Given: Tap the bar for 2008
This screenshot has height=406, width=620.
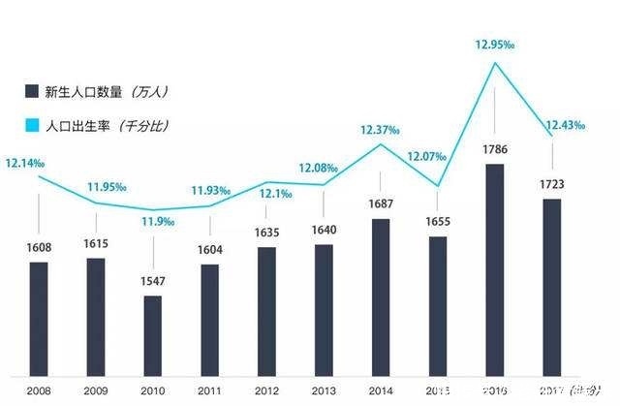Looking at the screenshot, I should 38,318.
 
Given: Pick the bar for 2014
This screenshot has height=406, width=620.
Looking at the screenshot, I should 381,296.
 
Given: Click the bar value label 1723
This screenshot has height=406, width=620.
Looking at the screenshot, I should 551,183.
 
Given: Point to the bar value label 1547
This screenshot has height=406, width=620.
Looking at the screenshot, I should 152,281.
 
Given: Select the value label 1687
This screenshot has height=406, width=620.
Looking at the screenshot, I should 381,203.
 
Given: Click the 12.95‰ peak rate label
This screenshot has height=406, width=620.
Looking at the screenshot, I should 495,45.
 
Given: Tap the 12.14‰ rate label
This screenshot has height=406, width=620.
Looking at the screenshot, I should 25,164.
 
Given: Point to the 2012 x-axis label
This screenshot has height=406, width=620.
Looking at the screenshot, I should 266,390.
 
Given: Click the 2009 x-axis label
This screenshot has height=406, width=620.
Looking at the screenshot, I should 95,390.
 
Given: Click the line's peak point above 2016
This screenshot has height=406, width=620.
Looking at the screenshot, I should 495,64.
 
